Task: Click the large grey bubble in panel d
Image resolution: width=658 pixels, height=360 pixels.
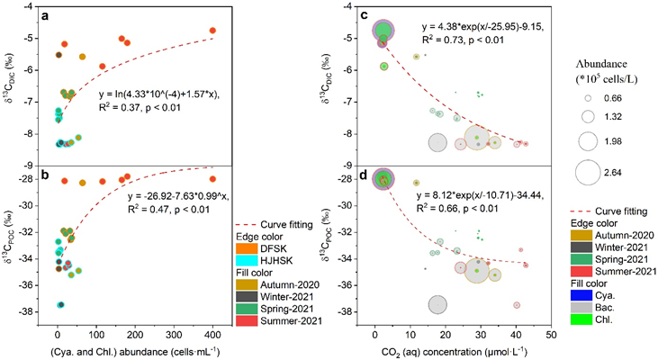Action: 437,304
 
